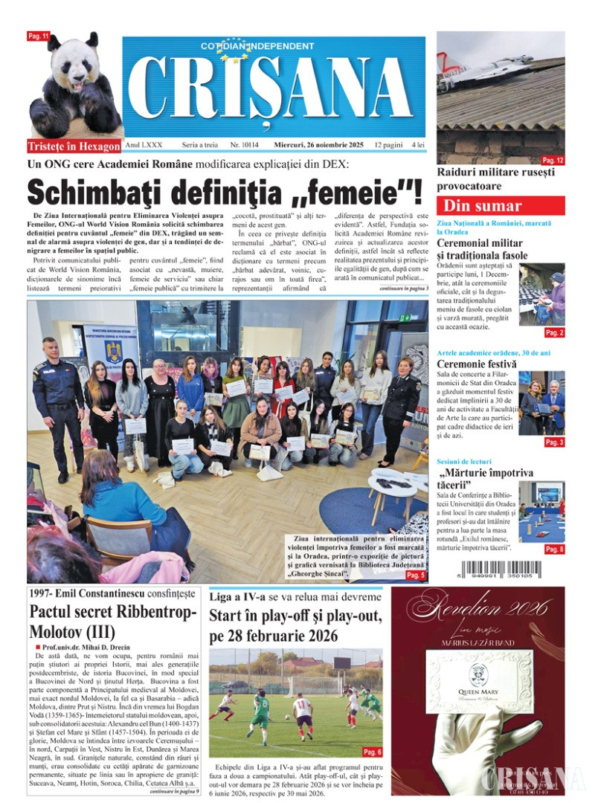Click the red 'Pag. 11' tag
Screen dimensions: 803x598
pos(38,36)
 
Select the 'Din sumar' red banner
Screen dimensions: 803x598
pos(500,206)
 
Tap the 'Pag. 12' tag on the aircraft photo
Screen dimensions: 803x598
pos(553,161)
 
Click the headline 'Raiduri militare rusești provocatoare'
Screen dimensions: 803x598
pos(495,179)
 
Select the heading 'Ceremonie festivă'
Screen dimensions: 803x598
pos(476,364)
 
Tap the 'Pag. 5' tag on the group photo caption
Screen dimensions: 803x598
pos(415,575)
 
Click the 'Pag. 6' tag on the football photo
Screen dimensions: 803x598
pos(372,752)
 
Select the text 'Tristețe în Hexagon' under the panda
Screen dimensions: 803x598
pos(74,146)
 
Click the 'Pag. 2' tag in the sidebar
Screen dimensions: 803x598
pos(554,332)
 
